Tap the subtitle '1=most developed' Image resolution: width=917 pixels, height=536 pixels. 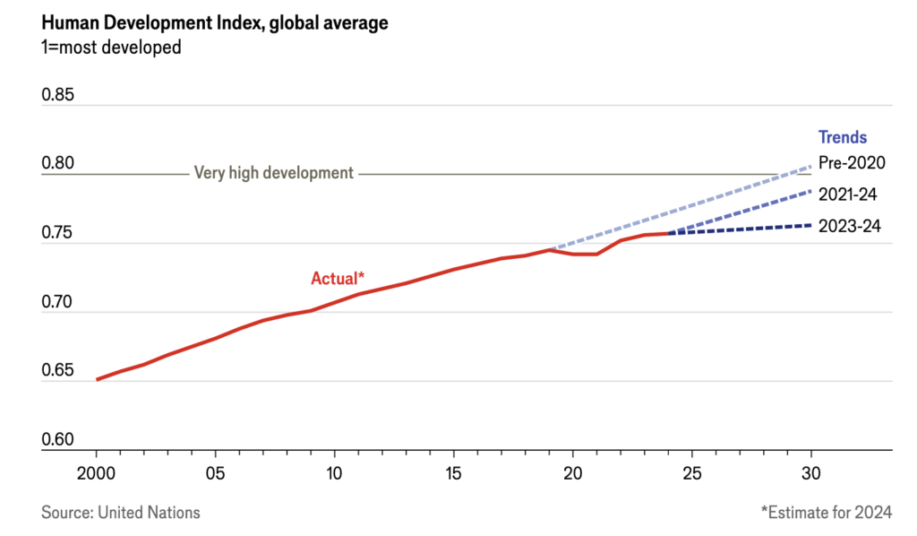[111, 48]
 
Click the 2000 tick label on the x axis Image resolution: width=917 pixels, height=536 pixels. [97, 471]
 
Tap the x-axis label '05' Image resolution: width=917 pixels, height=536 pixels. [215, 471]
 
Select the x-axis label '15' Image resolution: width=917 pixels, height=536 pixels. [453, 471]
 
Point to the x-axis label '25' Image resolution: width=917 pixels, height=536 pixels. [691, 471]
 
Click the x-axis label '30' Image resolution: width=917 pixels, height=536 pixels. [810, 471]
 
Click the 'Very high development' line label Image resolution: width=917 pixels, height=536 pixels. [274, 173]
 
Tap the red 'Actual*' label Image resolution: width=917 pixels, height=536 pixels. [339, 278]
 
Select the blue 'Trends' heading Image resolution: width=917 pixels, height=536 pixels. [843, 138]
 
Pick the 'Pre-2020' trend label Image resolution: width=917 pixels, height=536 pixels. [852, 163]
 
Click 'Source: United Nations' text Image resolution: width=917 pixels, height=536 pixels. [121, 513]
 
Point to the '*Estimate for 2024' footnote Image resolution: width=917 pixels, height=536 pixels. [826, 513]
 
